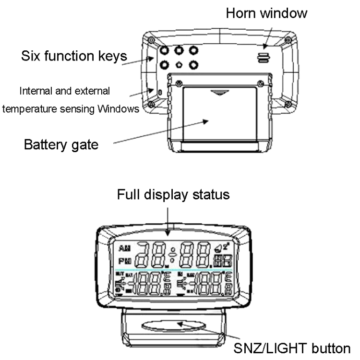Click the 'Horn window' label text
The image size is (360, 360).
(x=266, y=13)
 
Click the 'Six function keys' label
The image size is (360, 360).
(x=74, y=56)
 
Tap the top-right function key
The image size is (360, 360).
(x=194, y=49)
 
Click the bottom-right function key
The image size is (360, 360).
(x=194, y=64)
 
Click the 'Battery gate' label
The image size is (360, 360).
(x=61, y=144)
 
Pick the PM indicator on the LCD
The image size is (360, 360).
(x=121, y=262)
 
